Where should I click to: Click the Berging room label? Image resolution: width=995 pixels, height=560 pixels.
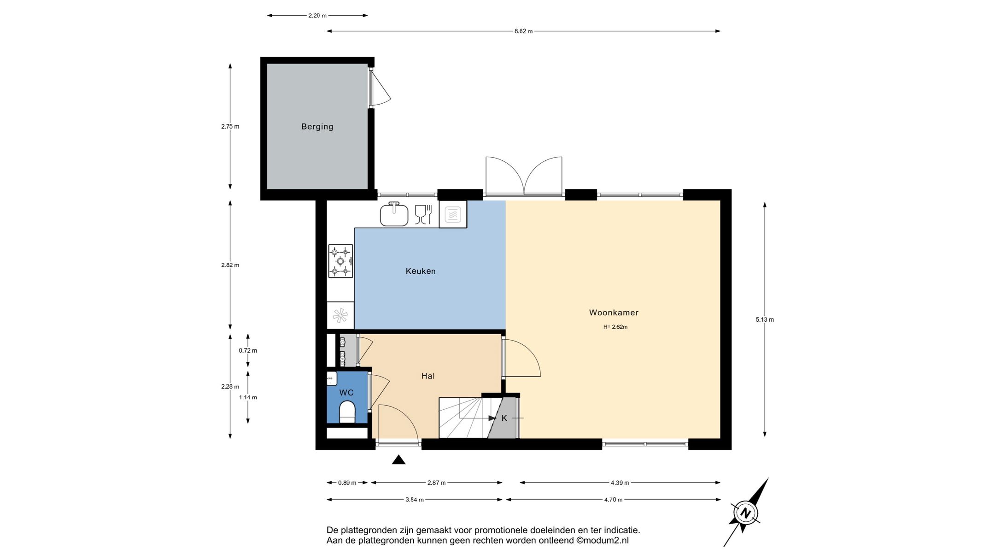[x=317, y=126]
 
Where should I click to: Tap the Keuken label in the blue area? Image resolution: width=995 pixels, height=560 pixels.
[x=420, y=271]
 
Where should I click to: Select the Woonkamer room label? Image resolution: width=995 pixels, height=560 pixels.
[x=614, y=312]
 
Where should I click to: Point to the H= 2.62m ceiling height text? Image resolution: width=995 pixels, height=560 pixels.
[x=615, y=327]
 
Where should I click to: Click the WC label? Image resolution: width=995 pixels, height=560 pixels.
[x=346, y=393]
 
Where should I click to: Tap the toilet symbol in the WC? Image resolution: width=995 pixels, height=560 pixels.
[x=347, y=412]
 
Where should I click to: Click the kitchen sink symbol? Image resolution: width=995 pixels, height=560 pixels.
[x=394, y=214]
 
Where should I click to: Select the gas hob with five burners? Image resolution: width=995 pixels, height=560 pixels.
[x=340, y=261]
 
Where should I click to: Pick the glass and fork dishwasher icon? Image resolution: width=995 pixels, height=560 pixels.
[x=423, y=215]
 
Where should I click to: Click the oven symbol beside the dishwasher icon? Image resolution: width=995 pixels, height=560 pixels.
[x=453, y=214]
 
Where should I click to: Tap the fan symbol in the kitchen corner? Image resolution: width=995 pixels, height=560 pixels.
[x=340, y=316]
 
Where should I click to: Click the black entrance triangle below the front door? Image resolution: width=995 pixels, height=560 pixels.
[x=398, y=460]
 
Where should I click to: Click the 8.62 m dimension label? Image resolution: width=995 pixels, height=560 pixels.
[x=523, y=31]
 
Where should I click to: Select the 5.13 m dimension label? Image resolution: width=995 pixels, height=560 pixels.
[x=765, y=319]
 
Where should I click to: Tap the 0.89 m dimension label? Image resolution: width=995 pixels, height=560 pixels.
[x=347, y=483]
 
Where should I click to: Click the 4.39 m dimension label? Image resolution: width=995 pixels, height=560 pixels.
[x=620, y=483]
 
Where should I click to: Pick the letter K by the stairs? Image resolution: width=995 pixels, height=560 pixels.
[x=504, y=418]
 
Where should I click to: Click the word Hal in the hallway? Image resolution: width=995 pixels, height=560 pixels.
[x=428, y=376]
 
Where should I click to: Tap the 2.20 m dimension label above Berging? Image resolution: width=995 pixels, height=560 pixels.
[x=317, y=16]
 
